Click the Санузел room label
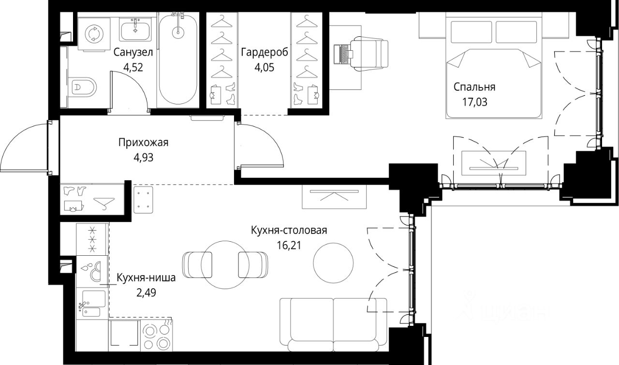[x=133, y=52]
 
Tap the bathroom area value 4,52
[x=133, y=67]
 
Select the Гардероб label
[x=265, y=52]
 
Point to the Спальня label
[x=474, y=87]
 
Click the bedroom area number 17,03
[x=475, y=102]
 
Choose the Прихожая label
[x=144, y=143]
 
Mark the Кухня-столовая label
[x=289, y=230]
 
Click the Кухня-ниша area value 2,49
[x=146, y=292]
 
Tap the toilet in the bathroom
[x=82, y=88]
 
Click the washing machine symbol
[x=94, y=34]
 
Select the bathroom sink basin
[x=135, y=29]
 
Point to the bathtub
[x=178, y=59]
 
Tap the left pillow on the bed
[x=472, y=32]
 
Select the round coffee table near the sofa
[x=333, y=263]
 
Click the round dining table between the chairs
[x=225, y=265]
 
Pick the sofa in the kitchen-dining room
[x=333, y=325]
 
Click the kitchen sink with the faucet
[x=92, y=304]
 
